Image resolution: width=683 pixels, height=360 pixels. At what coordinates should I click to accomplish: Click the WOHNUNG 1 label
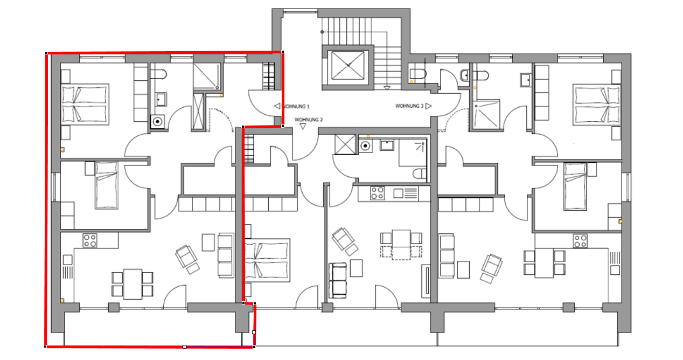pos(296,107)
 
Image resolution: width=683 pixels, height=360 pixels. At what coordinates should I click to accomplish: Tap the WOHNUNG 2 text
pos(309,120)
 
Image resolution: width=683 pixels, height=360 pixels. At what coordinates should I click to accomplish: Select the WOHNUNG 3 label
pos(409,106)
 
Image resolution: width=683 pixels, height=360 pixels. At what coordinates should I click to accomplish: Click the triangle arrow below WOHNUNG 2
pos(303,126)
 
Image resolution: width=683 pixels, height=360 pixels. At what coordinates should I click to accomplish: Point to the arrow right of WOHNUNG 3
pos(429,106)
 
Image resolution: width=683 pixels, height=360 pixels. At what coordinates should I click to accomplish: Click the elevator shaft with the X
pos(348,65)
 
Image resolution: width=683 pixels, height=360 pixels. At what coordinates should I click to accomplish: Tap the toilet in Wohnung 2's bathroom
pos(420,174)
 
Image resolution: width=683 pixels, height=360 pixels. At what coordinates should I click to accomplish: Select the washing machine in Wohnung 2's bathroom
pos(365,146)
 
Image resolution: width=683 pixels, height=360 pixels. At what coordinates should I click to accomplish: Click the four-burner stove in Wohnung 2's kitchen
pos(378,193)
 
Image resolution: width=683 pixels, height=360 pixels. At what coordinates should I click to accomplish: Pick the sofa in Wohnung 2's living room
pos(338,281)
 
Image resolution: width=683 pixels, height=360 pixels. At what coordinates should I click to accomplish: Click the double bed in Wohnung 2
pos(267,260)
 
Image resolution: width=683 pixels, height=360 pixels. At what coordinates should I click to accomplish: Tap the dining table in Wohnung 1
pos(133,284)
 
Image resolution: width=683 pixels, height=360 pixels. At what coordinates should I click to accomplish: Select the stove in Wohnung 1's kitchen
pos(90,240)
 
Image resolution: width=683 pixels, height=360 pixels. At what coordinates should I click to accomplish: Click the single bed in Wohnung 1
pos(107,185)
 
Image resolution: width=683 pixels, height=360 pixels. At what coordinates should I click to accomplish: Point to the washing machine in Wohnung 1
pos(158,122)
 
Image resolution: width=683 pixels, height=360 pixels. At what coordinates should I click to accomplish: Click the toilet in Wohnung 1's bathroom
pos(158,74)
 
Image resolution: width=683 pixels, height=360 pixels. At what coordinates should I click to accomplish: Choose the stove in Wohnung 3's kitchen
pos(580,241)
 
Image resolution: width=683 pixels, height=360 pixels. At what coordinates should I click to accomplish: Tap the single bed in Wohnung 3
pos(575,186)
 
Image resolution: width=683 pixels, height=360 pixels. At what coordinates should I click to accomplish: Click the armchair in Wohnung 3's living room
pos(492,265)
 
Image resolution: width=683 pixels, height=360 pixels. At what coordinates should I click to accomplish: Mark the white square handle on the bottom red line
pos(184,347)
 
